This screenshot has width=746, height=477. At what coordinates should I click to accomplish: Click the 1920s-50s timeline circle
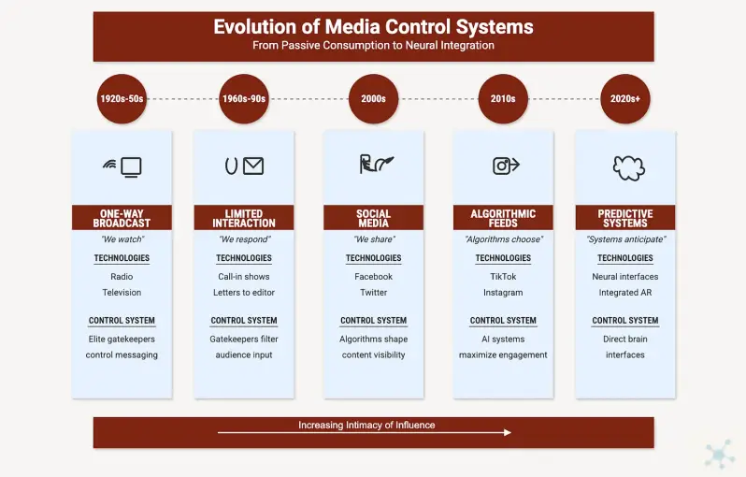pyautogui.click(x=122, y=98)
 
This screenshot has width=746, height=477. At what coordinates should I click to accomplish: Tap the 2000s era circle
pyautogui.click(x=374, y=98)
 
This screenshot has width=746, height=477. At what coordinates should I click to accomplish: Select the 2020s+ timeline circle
pyautogui.click(x=625, y=98)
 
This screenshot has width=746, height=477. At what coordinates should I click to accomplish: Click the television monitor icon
pyautogui.click(x=131, y=167)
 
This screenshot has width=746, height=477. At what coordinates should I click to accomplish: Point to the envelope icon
pyautogui.click(x=253, y=166)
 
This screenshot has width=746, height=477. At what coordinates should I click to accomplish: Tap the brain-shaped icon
pyautogui.click(x=628, y=168)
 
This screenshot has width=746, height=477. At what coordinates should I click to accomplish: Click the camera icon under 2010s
pyautogui.click(x=501, y=166)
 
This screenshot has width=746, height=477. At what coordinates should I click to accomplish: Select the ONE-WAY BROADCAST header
pyautogui.click(x=122, y=218)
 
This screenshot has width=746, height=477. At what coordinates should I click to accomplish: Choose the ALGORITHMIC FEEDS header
pyautogui.click(x=503, y=218)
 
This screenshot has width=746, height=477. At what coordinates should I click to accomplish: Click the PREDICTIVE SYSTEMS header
pyautogui.click(x=625, y=218)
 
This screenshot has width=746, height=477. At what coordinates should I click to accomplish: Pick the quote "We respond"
pyautogui.click(x=244, y=239)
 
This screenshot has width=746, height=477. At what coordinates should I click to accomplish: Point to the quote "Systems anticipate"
pyautogui.click(x=625, y=239)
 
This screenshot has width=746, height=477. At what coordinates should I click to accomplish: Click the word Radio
pyautogui.click(x=122, y=277)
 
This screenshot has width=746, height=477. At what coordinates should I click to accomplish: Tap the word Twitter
pyautogui.click(x=374, y=293)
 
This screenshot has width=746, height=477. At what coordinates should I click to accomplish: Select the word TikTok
pyautogui.click(x=503, y=277)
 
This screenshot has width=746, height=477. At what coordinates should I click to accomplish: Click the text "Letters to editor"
pyautogui.click(x=244, y=293)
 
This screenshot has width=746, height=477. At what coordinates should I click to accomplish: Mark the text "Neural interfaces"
pyautogui.click(x=625, y=277)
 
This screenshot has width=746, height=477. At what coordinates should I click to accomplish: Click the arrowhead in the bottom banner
pyautogui.click(x=508, y=432)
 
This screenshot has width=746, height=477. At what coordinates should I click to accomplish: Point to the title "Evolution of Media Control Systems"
pyautogui.click(x=374, y=27)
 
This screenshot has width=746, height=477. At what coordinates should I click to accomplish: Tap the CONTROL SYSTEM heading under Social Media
pyautogui.click(x=374, y=321)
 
